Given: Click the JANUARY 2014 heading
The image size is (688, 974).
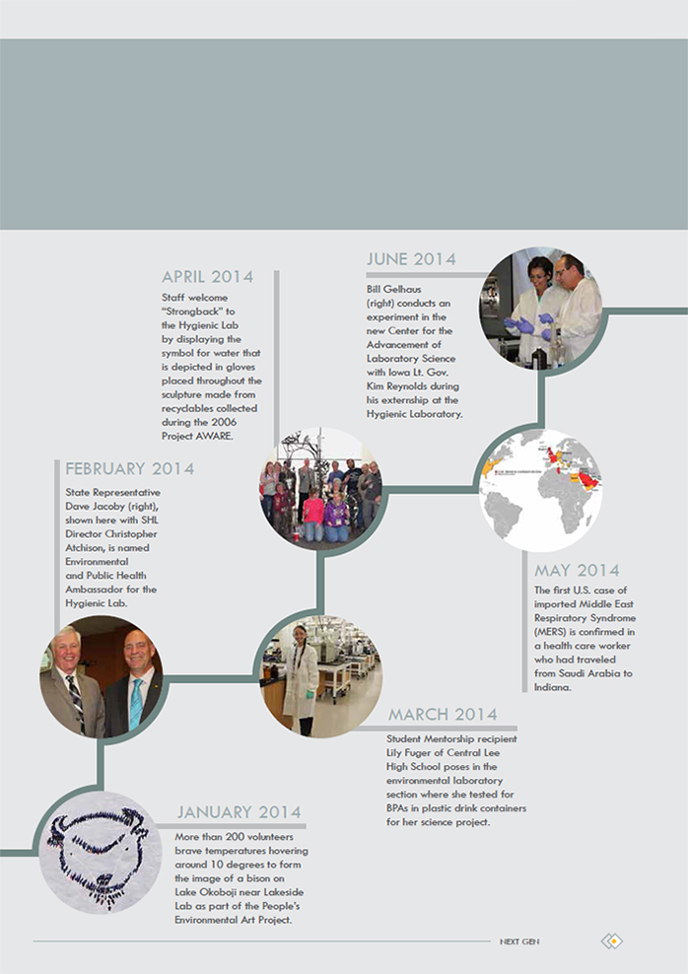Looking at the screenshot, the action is coord(240,812).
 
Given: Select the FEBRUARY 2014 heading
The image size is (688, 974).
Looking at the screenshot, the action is coord(130,468).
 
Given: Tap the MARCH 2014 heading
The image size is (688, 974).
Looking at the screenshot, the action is coord(443,715).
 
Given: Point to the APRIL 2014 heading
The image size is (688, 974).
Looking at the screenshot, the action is coord(207,276).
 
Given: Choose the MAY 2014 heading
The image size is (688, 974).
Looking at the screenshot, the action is coord(577,570).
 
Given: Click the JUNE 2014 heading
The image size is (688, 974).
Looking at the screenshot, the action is coord(411,259).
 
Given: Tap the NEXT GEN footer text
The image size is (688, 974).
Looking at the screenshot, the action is coord(519,941).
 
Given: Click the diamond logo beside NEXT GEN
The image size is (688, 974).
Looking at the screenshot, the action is coord(612,941).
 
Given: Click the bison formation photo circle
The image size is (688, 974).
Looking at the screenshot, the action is coord(100,852).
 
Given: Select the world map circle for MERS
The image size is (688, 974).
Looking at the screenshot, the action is coord(541,491).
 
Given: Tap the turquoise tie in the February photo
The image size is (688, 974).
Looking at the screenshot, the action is coord(135,703).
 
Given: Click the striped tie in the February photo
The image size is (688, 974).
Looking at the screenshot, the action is coord(76,701).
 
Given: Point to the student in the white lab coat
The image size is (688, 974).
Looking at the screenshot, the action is coord(300,680).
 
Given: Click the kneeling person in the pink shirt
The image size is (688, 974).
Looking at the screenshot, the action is coord(313,516).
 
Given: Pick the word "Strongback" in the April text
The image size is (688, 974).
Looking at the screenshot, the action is coord(194,312).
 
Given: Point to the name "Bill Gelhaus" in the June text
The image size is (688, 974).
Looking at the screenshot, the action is coord(393,289).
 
